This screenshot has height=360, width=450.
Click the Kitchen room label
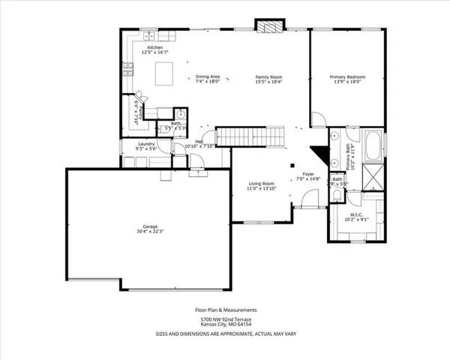154,46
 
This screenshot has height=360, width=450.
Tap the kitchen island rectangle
165,73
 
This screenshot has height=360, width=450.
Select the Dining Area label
208,76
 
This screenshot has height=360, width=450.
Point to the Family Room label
268,76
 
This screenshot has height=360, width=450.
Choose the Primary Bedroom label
346,76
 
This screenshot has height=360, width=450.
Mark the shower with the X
372,177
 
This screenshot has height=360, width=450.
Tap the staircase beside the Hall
270,136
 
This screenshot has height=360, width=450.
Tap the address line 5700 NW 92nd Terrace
226,319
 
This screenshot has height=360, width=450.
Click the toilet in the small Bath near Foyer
337,196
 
